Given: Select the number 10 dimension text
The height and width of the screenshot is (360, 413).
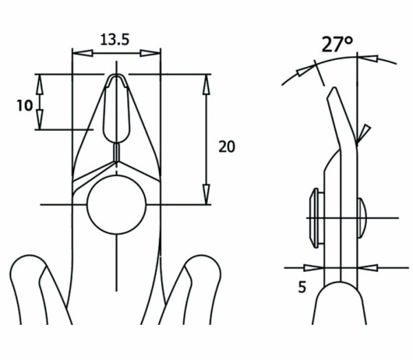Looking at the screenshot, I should [25, 105].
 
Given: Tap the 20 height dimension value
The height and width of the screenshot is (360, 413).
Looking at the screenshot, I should [226, 146].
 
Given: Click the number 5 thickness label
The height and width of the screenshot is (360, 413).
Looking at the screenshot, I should [302, 287].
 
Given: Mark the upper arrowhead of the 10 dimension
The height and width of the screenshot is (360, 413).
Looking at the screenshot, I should [40, 82].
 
